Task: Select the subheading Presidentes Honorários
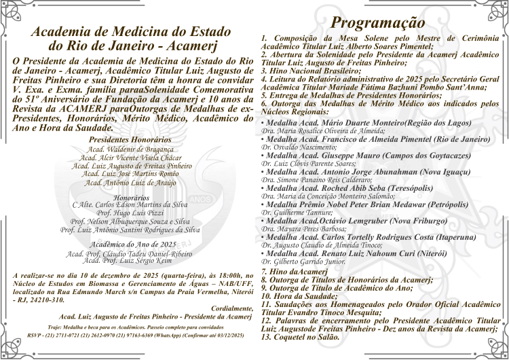click(130, 139)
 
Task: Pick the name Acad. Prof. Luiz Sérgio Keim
click(130, 260)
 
